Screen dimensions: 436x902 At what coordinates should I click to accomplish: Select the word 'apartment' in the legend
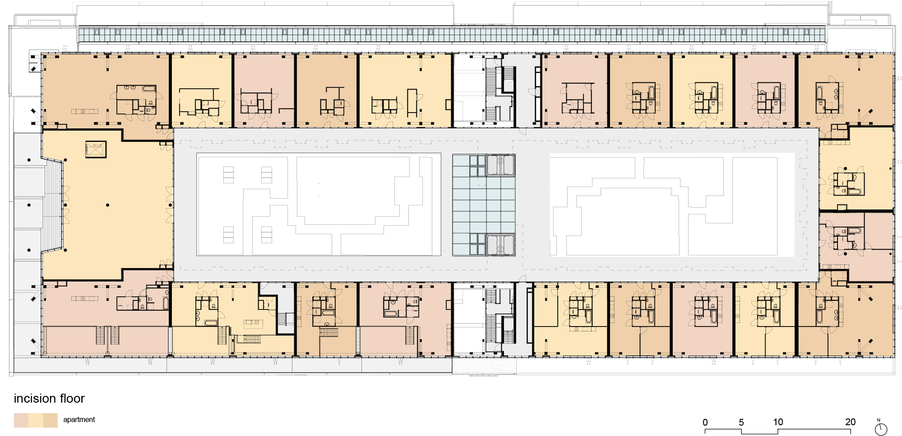[x=79, y=420]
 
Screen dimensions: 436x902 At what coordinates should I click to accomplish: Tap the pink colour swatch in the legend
[x=21, y=420]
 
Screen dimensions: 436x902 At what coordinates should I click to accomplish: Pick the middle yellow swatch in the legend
[x=36, y=420]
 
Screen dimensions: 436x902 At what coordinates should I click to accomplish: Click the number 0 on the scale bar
[x=705, y=422]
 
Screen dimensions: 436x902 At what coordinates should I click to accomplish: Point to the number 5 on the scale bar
[x=741, y=422]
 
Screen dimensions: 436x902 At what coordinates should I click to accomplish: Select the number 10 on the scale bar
[x=778, y=422]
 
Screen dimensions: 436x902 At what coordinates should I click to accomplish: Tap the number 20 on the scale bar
[x=850, y=422]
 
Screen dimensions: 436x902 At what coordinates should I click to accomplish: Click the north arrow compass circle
[x=881, y=430]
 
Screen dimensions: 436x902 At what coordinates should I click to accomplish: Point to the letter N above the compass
[x=879, y=420]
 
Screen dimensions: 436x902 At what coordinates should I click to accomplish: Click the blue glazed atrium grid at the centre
[x=483, y=205]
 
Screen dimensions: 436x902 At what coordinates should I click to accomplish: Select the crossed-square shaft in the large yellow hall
[x=96, y=150]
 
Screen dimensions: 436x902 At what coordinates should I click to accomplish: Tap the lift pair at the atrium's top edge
[x=500, y=165]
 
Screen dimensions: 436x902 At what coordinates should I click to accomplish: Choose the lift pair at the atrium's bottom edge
[x=500, y=245]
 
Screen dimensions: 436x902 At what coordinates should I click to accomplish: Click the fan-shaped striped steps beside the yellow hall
[x=53, y=205]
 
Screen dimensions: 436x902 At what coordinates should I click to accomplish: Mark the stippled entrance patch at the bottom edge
[x=484, y=365]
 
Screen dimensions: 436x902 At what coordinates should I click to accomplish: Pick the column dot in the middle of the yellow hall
[x=108, y=205]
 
